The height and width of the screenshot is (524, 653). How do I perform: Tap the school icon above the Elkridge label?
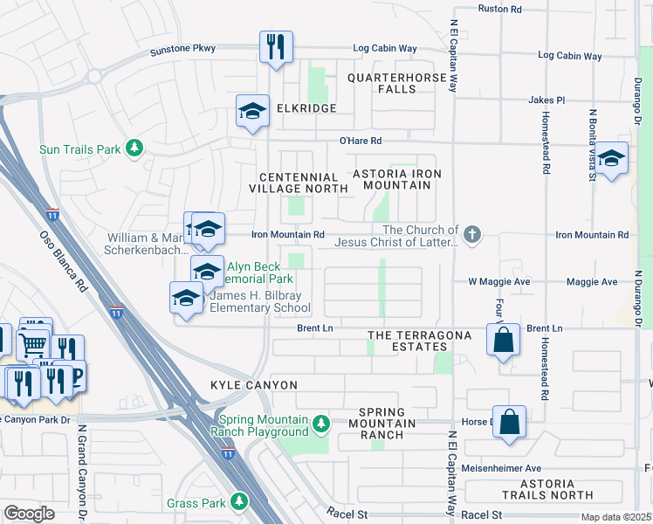click(x=252, y=111)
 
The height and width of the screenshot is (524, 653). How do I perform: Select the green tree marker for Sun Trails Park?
click(x=134, y=149)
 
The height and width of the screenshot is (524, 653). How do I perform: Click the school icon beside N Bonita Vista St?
click(x=611, y=158)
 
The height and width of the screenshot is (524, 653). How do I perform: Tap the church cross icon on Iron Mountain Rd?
click(x=472, y=234)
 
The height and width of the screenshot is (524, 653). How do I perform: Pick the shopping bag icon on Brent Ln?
click(x=504, y=341)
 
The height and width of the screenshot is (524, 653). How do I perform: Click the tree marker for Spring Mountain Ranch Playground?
click(x=321, y=424)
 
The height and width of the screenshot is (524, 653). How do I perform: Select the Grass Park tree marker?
click(x=238, y=502)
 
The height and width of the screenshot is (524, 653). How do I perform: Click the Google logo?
click(x=30, y=514)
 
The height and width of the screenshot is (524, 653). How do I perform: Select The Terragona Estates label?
click(x=420, y=341)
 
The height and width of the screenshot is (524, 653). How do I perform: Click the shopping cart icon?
click(x=33, y=345)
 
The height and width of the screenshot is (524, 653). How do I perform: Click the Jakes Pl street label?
click(x=546, y=100)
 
